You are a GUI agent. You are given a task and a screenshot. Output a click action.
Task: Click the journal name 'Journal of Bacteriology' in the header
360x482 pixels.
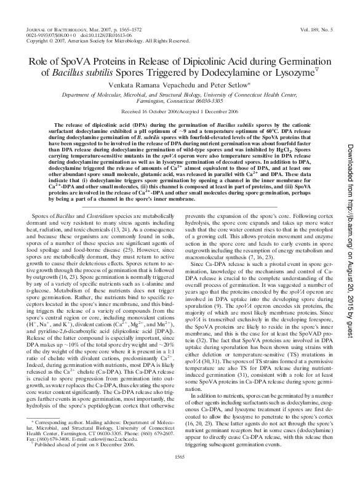54,29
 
